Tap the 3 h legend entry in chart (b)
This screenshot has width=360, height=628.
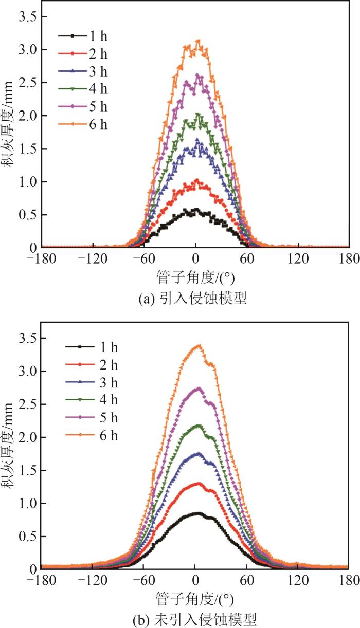coord(93,383)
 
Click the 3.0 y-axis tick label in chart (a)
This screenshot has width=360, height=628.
coord(26,50)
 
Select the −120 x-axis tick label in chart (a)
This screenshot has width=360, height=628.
coord(93,257)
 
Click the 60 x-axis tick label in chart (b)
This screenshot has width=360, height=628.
coord(246,579)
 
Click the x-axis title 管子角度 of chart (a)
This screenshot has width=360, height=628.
coord(195,278)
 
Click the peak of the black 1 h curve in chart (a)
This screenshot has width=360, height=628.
coord(196,210)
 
